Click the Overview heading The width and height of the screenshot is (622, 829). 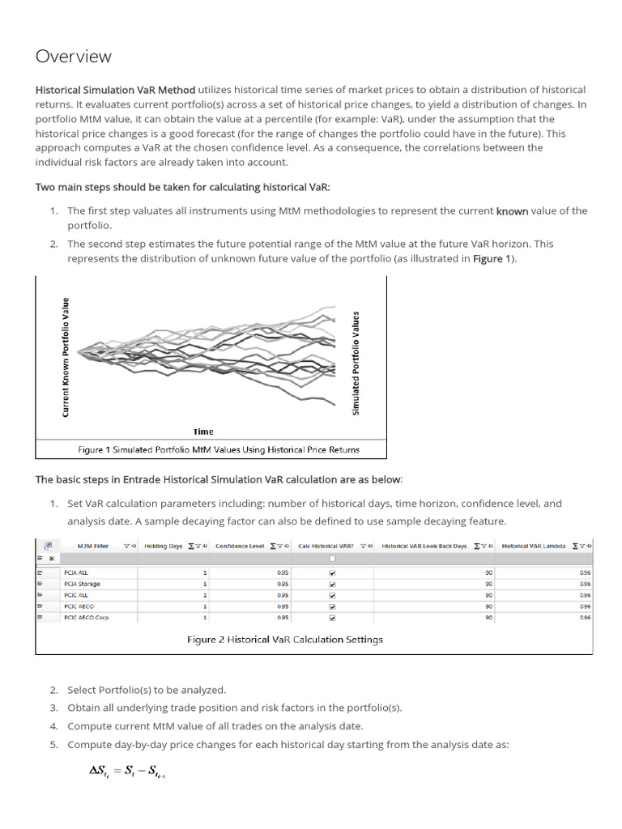[74, 57]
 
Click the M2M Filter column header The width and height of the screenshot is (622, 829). [92, 546]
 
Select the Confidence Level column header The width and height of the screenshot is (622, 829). [240, 546]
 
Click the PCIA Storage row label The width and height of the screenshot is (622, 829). [82, 583]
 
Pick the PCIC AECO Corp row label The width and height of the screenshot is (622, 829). [86, 617]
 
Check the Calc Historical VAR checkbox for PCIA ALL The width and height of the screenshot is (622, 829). [331, 572]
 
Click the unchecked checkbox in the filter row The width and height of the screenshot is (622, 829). [331, 559]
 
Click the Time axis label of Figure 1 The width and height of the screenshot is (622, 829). [203, 432]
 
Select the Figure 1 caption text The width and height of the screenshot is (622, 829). [218, 449]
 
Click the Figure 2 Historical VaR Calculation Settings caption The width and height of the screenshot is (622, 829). [285, 639]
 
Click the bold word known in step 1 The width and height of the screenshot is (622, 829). [512, 210]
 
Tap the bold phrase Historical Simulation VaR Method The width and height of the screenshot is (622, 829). [115, 90]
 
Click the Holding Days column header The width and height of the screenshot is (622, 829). [164, 546]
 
